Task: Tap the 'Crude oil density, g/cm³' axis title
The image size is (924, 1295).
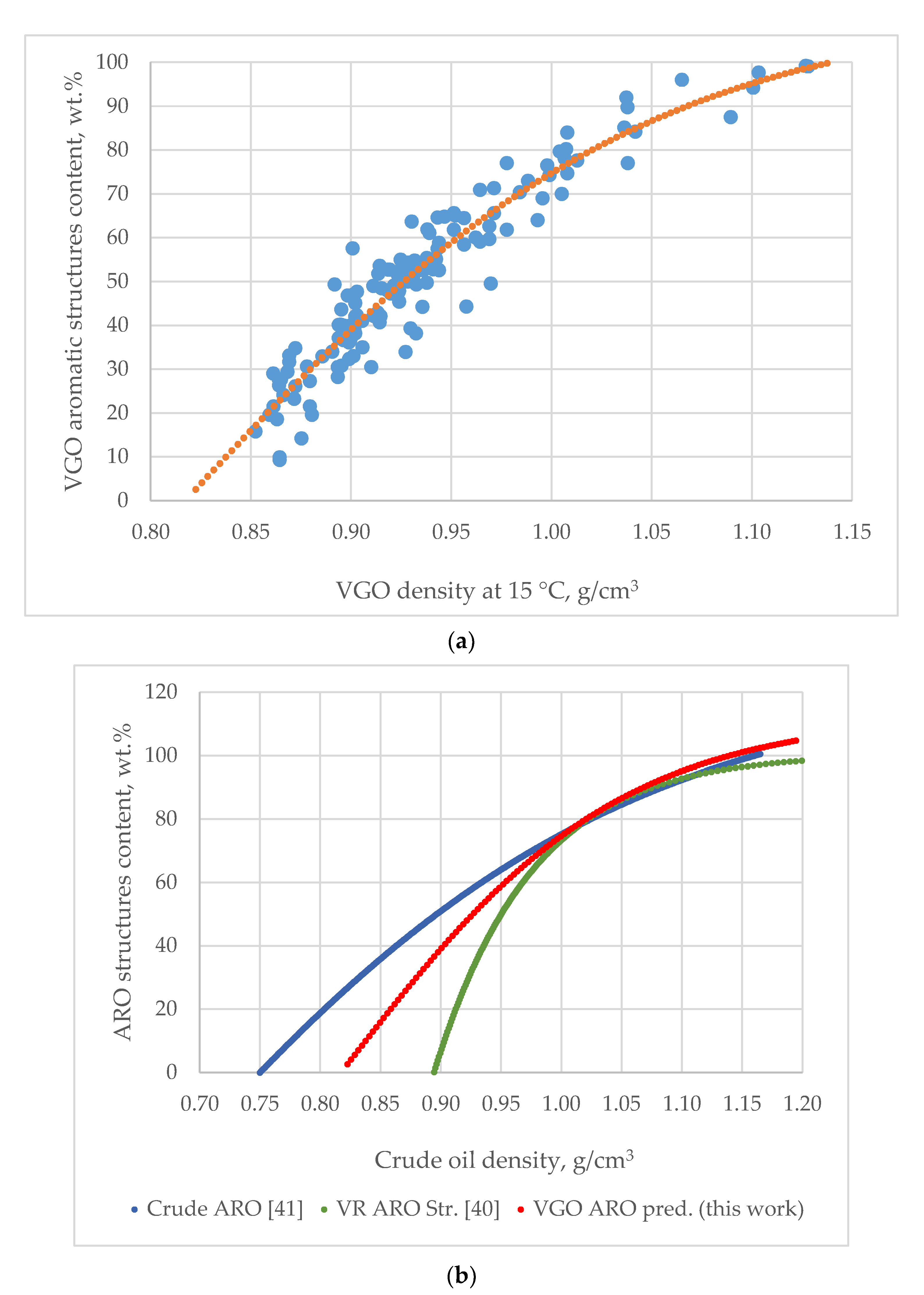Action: tap(503, 1160)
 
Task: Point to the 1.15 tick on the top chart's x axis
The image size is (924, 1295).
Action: tap(852, 532)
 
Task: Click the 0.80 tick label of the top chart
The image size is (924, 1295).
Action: tap(151, 532)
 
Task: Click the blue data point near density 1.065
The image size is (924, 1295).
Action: tap(682, 80)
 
